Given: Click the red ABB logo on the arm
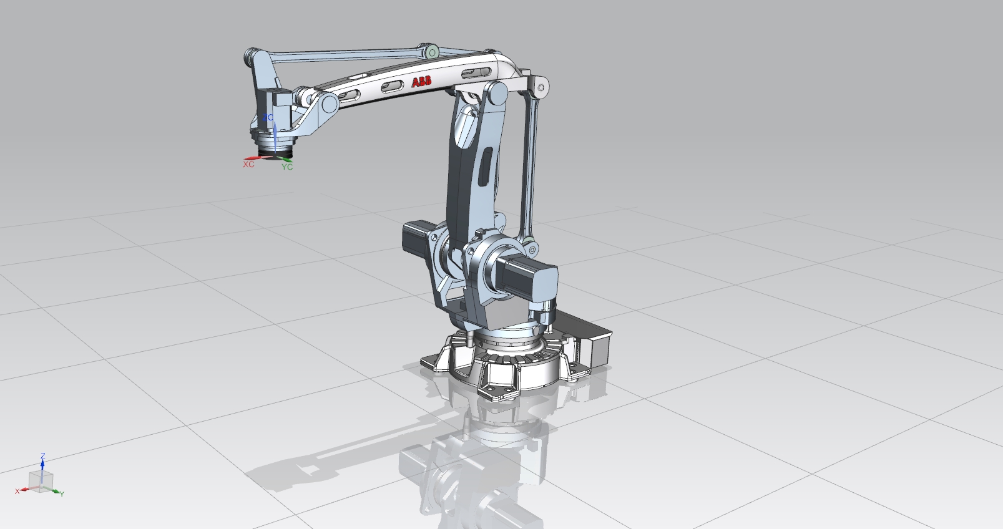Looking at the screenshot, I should (x=421, y=82).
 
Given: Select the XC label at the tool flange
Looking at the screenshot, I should (x=248, y=165).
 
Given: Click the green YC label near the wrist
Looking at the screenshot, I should (x=286, y=167).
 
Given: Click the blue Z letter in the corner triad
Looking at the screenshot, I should (x=42, y=457).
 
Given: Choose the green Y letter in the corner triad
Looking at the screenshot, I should (x=62, y=493).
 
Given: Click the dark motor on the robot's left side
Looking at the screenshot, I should (x=414, y=238).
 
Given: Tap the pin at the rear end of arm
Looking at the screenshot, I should (x=541, y=87).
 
